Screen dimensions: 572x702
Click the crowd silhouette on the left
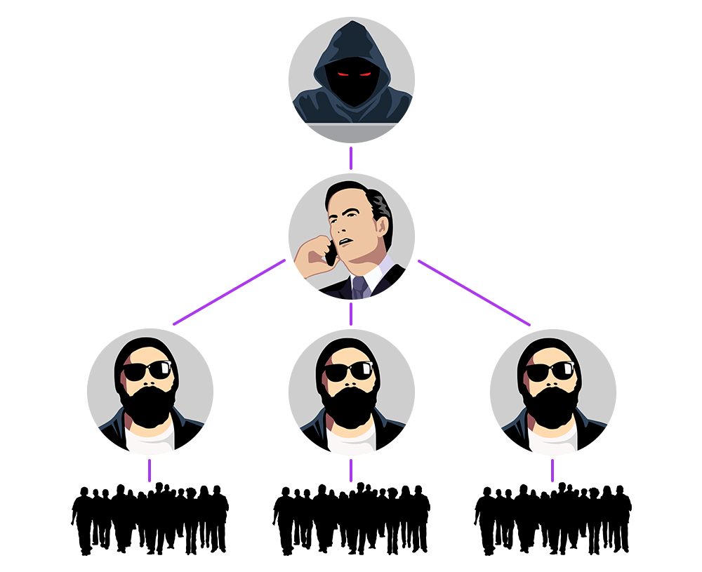(x=150, y=519)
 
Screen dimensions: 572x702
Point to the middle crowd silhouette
(x=351, y=519)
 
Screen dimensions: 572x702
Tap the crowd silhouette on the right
(x=552, y=519)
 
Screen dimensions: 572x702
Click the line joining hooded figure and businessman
(x=351, y=158)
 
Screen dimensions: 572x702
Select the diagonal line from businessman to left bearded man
(x=229, y=292)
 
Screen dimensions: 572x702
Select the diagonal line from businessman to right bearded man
(x=474, y=292)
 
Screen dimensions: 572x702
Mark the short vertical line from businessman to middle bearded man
(x=351, y=314)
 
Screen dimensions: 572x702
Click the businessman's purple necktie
(x=359, y=287)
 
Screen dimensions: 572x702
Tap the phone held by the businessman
(x=330, y=254)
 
